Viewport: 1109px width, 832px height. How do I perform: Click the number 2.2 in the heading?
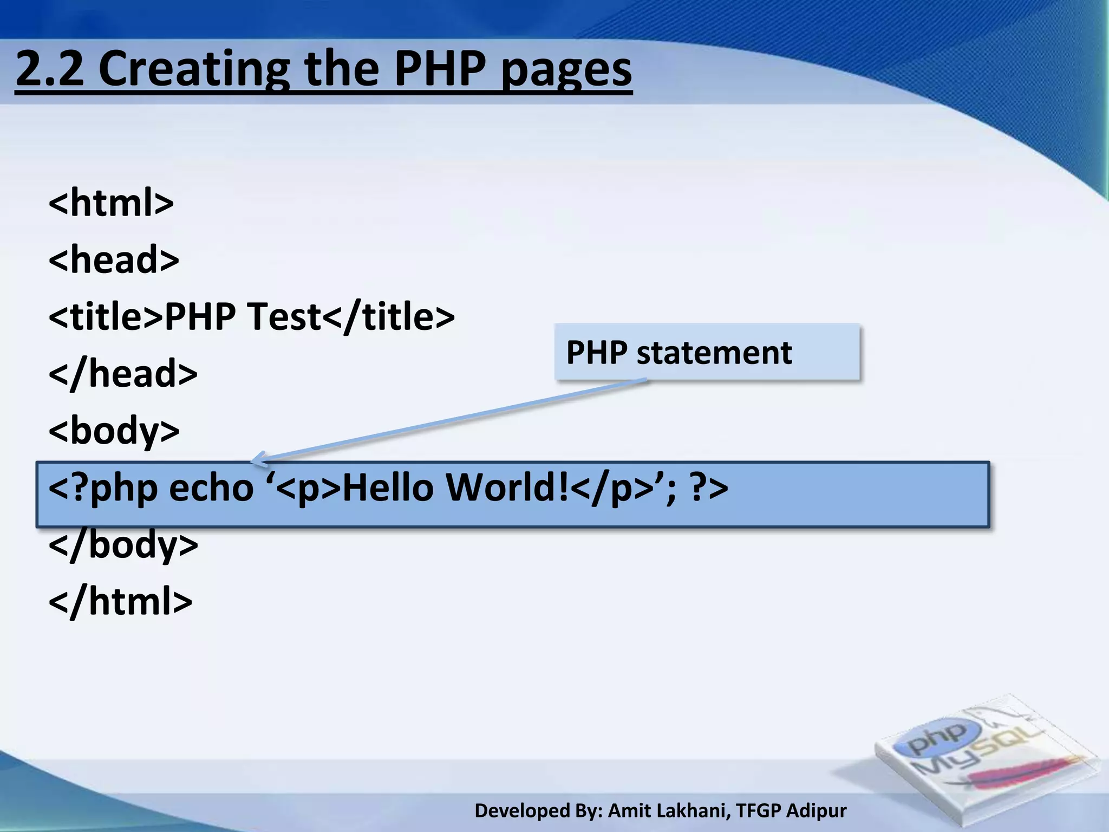tap(50, 69)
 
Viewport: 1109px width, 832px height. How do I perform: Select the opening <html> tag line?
tap(111, 203)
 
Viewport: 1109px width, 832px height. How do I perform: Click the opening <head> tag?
tap(114, 259)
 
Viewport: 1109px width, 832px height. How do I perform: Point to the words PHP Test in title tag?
tap(243, 316)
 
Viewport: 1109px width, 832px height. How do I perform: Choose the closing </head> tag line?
tap(123, 373)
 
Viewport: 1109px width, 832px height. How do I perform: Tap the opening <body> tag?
tap(114, 431)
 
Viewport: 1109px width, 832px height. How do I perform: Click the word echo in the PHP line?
tap(211, 487)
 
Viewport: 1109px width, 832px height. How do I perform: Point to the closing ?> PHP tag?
tap(709, 487)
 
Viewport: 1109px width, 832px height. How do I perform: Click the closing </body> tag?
tap(123, 544)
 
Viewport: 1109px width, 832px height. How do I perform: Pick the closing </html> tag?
tap(120, 601)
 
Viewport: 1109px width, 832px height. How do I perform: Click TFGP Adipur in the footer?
tap(791, 811)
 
